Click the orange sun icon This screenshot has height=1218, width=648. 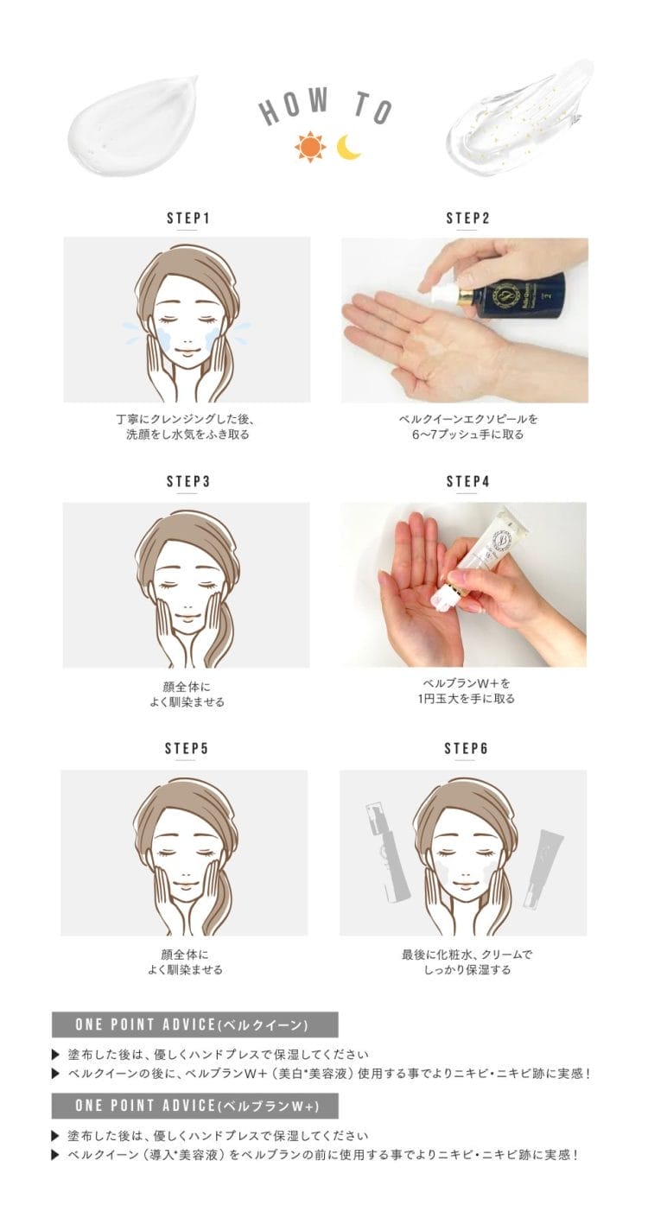(309, 147)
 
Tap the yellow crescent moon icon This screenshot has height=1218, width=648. (348, 148)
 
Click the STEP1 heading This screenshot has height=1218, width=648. (187, 219)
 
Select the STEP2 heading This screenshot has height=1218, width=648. (468, 219)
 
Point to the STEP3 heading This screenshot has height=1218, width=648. (187, 482)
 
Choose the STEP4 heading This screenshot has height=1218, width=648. (468, 482)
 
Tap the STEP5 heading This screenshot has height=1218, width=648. (187, 749)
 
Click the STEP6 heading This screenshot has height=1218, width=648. (467, 749)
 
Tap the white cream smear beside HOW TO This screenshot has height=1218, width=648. (133, 129)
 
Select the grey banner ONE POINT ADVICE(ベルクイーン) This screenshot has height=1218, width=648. (194, 1025)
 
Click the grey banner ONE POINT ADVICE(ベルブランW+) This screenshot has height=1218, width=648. (194, 1106)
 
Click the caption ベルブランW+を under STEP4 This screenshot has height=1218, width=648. (467, 683)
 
